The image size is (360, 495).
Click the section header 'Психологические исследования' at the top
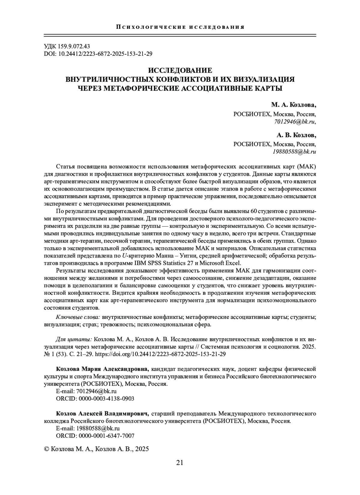point(180,27)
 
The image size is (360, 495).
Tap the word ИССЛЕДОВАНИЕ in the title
point(180,71)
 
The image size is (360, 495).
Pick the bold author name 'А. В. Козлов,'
point(296,135)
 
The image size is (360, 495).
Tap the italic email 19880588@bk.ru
point(294,152)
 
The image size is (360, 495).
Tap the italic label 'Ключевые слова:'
point(77,317)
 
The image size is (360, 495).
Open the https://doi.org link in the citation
point(160,354)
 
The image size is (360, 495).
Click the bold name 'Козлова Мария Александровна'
point(102,368)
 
